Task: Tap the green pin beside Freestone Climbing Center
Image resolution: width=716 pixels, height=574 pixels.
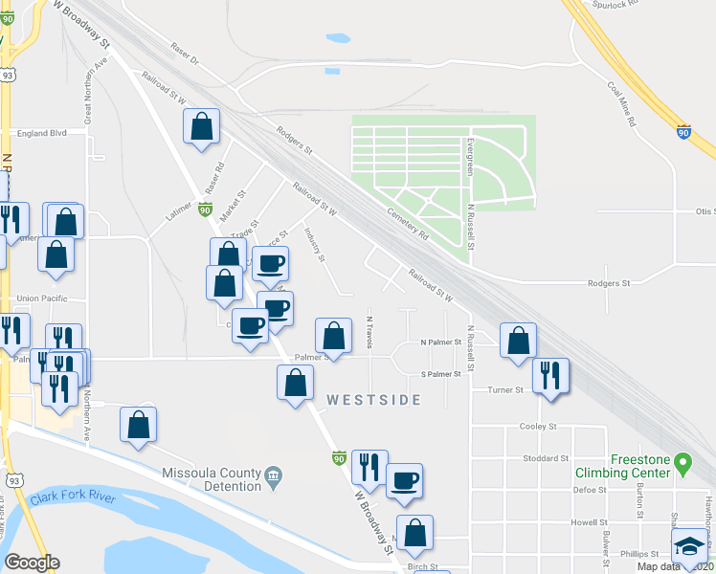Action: tap(682, 465)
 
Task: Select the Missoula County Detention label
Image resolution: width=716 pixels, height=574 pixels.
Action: tap(211, 479)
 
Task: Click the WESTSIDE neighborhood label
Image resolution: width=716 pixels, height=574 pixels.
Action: tap(373, 400)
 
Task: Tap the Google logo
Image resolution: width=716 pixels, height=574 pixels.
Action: tap(32, 563)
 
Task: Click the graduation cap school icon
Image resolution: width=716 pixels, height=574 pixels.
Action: tap(689, 548)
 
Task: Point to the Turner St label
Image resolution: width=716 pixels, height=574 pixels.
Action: tap(505, 390)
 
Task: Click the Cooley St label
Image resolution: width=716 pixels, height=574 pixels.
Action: tap(538, 426)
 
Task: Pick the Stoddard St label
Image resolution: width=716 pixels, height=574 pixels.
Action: tap(549, 458)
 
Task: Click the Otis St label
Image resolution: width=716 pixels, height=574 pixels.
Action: tap(705, 211)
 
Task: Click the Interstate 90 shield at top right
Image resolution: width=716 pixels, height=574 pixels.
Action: tap(684, 131)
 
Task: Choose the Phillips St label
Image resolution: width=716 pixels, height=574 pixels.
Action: tap(638, 554)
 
